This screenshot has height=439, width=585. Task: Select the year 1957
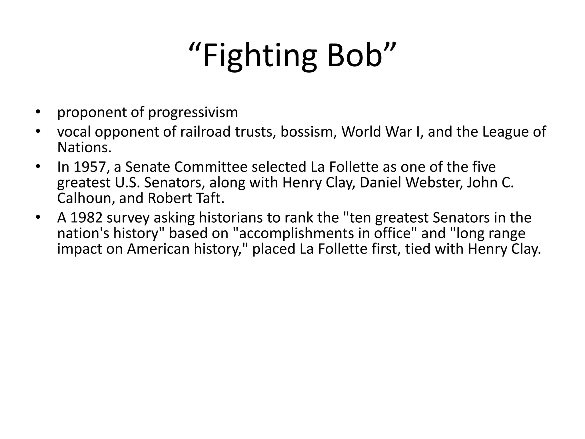pos(91,167)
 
